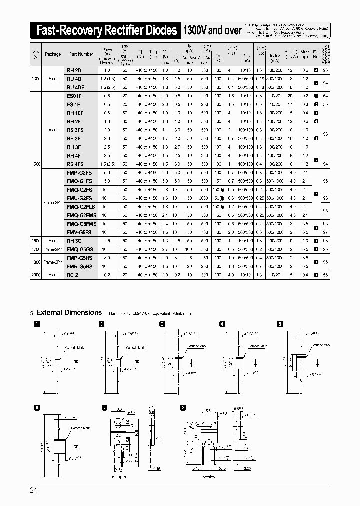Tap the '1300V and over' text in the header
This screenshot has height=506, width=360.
click(x=213, y=31)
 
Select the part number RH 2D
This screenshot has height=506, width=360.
click(x=74, y=71)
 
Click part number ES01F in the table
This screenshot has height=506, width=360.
click(x=74, y=95)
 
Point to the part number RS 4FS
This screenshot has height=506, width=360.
click(x=75, y=164)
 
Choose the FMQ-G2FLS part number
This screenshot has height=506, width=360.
click(x=81, y=206)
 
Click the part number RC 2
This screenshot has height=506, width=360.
click(x=73, y=274)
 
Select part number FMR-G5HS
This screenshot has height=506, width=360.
click(x=79, y=267)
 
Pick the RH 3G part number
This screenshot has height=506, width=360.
click(x=74, y=240)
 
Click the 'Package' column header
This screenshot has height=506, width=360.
click(x=53, y=54)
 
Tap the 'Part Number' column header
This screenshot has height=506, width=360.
click(x=81, y=54)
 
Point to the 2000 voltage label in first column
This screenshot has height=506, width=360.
click(x=36, y=274)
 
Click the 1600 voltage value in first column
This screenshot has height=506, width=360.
click(x=36, y=240)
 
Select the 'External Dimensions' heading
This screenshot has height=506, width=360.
click(x=69, y=312)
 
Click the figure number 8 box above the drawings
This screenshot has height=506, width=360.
click(x=183, y=408)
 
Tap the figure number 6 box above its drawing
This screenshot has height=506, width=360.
click(x=37, y=408)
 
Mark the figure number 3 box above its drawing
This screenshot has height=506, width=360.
click(x=162, y=324)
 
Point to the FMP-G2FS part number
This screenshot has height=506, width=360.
click(x=79, y=172)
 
